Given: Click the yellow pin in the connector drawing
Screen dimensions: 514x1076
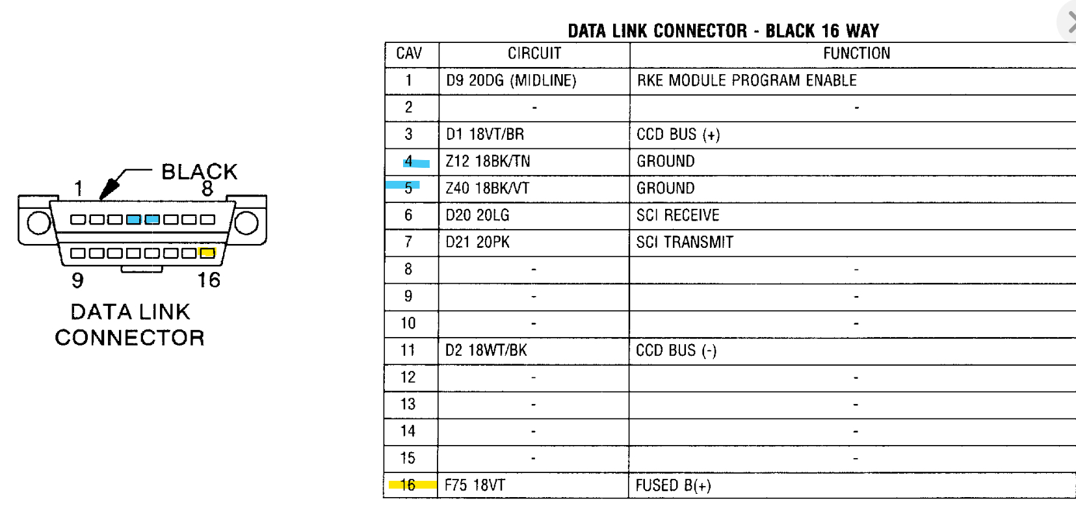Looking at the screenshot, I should (207, 252).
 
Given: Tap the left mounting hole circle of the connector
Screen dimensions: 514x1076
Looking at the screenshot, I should (38, 223).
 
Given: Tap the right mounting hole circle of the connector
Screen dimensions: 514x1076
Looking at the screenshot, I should (246, 223).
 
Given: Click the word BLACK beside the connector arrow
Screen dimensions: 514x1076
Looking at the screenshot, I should (199, 172).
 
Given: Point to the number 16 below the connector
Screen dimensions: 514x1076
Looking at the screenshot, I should (209, 280).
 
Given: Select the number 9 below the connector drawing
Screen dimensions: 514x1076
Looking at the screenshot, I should (77, 280).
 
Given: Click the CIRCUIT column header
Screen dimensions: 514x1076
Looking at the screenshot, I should (534, 54).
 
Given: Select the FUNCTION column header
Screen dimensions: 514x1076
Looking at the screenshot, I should (856, 54).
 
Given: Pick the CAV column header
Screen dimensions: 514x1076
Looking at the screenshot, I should (409, 54).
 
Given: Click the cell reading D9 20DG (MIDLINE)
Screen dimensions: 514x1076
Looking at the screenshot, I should (511, 81).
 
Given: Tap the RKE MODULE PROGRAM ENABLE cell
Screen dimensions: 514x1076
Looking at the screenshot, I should (746, 81).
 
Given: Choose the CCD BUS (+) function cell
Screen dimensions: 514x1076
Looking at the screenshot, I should (678, 135).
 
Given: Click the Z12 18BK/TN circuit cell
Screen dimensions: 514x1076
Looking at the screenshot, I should (488, 161).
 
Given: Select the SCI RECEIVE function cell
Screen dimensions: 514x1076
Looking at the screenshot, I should (677, 215).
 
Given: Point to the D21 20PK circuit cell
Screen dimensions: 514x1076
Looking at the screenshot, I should (477, 243).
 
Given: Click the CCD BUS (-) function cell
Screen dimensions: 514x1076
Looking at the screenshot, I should (676, 351).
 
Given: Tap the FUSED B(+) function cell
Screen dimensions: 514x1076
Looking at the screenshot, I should (673, 486).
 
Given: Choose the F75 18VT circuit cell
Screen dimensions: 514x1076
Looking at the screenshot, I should (475, 485).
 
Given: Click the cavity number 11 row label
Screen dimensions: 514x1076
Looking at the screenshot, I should (408, 351).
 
